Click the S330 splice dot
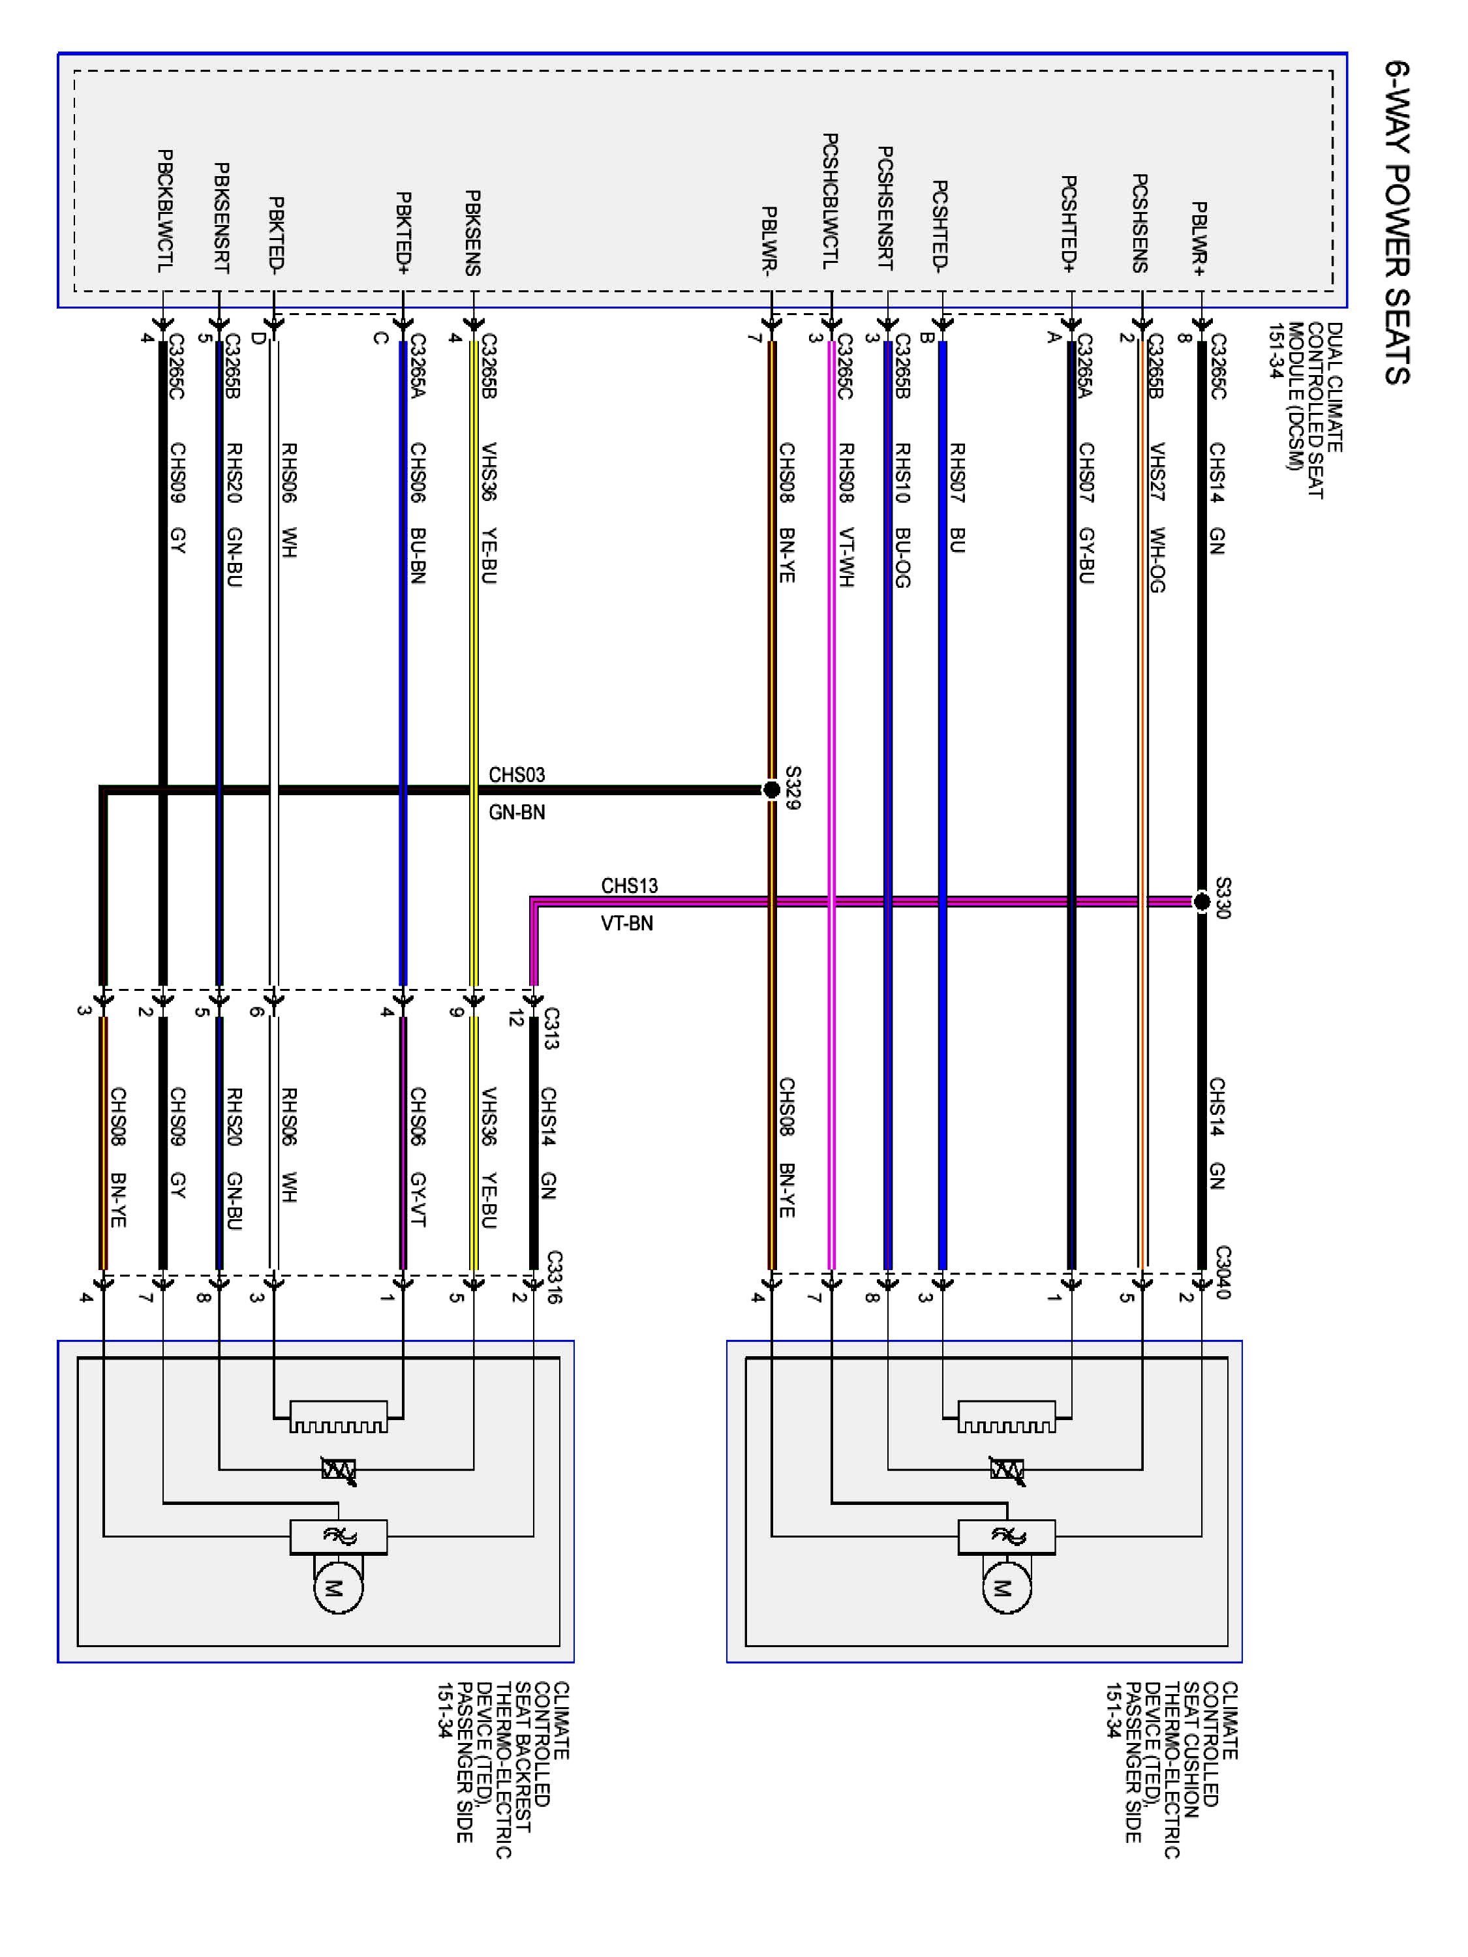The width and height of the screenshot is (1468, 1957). point(1202,902)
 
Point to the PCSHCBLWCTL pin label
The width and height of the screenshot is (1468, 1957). point(830,202)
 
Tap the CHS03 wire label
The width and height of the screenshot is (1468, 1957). point(517,775)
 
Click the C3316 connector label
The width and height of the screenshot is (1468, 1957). point(555,1277)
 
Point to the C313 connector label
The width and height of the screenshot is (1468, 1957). point(551,1028)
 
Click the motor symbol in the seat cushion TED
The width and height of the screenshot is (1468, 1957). point(1006,1588)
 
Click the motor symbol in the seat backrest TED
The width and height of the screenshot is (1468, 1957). point(338,1588)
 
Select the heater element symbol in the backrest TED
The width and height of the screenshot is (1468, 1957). point(338,1416)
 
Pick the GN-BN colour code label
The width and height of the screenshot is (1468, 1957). point(517,812)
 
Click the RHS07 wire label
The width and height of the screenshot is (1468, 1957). point(956,472)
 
